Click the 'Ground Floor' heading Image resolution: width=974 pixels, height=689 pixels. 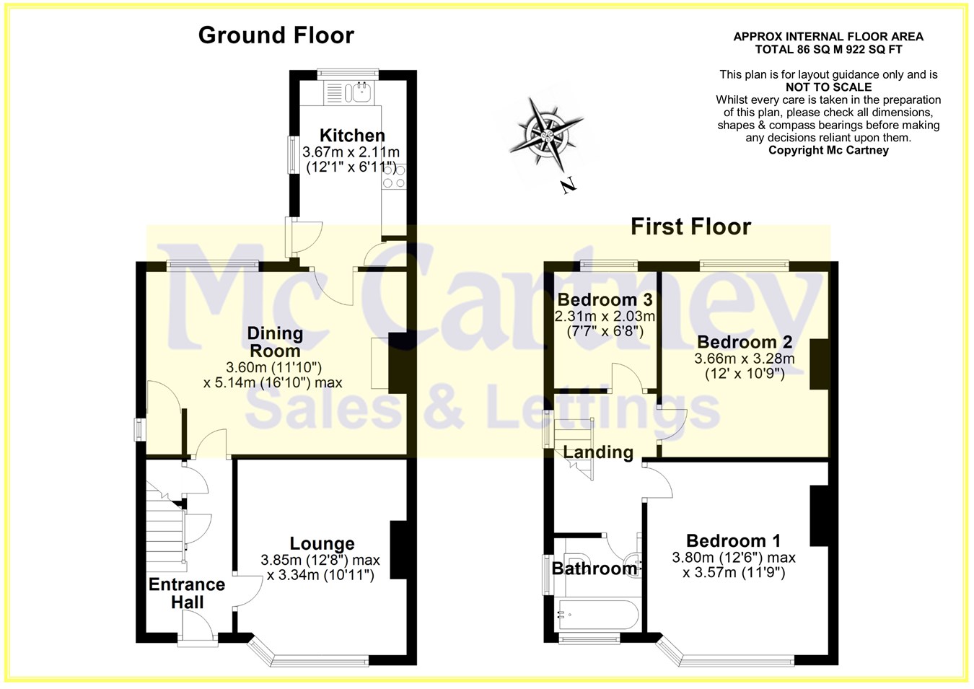point(276,35)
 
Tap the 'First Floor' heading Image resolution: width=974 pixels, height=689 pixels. point(691,227)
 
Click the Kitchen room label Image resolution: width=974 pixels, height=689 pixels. point(352,135)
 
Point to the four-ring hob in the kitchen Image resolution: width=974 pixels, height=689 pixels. point(394,176)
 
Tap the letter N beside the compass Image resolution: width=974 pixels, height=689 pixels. point(568,185)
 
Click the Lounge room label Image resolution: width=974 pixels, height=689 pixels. point(323,543)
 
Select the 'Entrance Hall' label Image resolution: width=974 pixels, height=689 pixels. point(187,593)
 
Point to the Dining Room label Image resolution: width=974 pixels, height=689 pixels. point(275,342)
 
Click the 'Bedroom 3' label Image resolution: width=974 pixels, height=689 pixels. point(605,299)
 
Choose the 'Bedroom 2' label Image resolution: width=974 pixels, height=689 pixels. point(745,342)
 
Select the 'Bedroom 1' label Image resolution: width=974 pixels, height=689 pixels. point(734,541)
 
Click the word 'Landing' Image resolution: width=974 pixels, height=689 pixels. point(598,452)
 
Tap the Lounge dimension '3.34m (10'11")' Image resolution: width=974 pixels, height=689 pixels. point(320,575)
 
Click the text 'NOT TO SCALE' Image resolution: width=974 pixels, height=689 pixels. point(828,87)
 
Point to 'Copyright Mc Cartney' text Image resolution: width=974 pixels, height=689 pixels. point(828,150)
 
